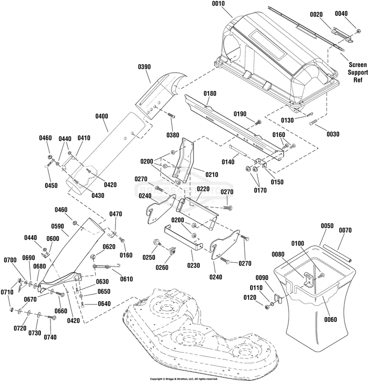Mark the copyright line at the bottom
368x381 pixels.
tap(184, 378)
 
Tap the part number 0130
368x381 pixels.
tap(288, 120)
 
